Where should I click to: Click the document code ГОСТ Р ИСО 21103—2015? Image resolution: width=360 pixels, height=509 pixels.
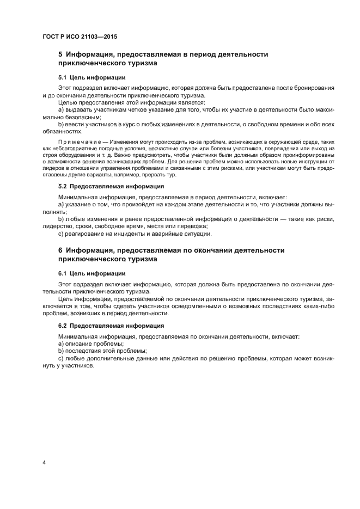coord(80,36)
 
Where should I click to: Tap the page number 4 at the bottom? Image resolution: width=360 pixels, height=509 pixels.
coord(44,463)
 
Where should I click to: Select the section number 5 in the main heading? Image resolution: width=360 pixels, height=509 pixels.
coord(60,54)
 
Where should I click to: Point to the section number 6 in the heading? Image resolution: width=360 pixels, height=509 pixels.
coord(60,250)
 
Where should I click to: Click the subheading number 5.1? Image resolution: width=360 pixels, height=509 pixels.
coord(63,77)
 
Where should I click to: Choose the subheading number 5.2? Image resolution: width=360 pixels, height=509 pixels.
coord(63,186)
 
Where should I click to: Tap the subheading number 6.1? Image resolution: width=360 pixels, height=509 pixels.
coord(63,273)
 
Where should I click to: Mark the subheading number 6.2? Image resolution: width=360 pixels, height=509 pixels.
coord(63,325)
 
